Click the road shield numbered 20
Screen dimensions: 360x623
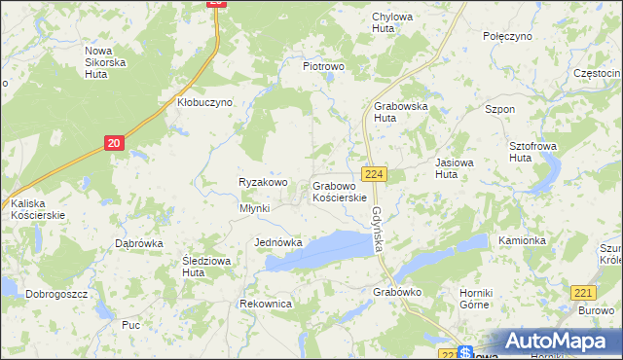click(115, 143)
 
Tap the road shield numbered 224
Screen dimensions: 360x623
click(376, 173)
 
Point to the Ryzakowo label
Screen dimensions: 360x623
click(264, 182)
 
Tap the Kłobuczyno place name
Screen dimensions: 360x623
click(204, 102)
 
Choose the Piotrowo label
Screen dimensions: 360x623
click(324, 66)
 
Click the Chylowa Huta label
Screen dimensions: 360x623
click(392, 22)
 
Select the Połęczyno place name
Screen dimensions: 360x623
click(508, 35)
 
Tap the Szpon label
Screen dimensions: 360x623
click(499, 110)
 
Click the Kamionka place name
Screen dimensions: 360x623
click(520, 239)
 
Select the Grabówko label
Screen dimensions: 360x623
click(396, 291)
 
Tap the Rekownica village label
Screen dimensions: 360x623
click(266, 304)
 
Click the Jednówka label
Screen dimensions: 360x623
click(278, 242)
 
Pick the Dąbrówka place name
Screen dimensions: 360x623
click(138, 243)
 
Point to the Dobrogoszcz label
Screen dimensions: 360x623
click(57, 293)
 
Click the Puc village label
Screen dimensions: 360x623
click(131, 325)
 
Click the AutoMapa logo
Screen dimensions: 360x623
click(558, 342)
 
